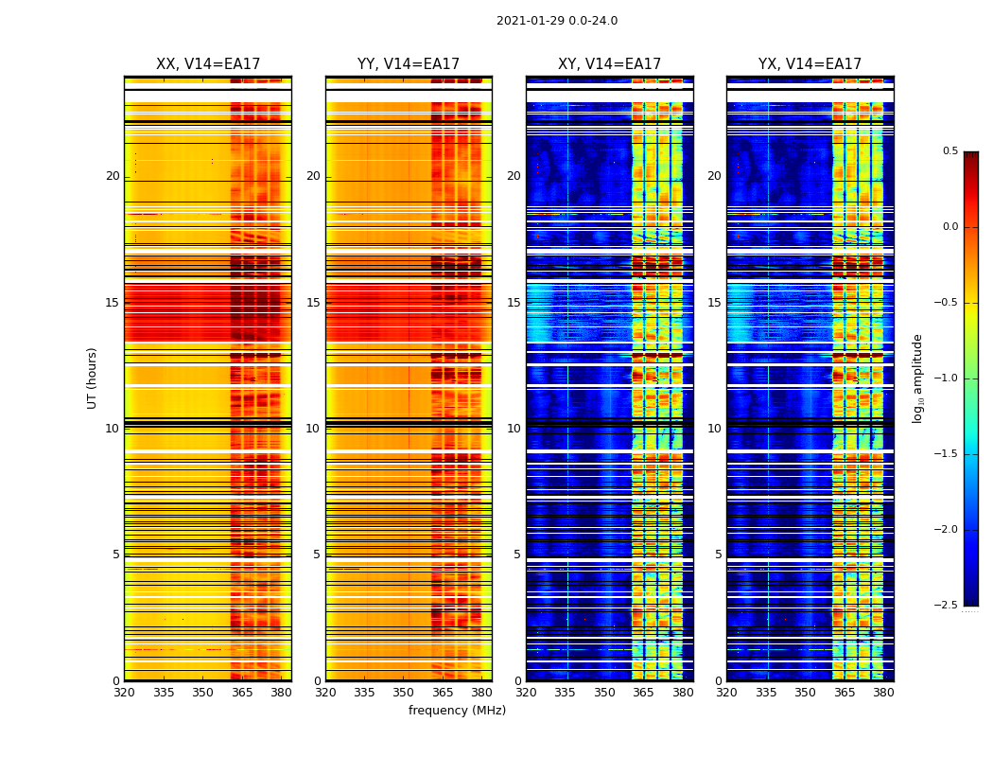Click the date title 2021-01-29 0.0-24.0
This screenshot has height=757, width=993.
tap(557, 21)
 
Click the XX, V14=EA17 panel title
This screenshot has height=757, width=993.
tap(208, 64)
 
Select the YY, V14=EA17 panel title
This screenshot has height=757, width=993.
tap(409, 64)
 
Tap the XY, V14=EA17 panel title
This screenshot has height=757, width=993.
tap(609, 64)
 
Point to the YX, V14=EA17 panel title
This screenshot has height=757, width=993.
tap(810, 64)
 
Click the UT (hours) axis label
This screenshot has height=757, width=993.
tap(92, 378)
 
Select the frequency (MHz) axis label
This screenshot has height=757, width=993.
tap(457, 711)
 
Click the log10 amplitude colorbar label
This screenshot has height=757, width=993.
tap(917, 378)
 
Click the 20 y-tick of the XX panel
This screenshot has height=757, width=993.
tap(113, 176)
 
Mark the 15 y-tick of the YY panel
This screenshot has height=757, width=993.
tap(313, 303)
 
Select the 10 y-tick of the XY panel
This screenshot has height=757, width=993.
tap(514, 429)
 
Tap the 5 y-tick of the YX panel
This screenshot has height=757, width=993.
tap(718, 555)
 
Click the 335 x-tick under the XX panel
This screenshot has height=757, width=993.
tap(164, 693)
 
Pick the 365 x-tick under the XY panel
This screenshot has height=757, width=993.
tap(643, 693)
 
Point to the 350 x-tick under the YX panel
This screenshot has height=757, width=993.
tap(805, 693)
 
